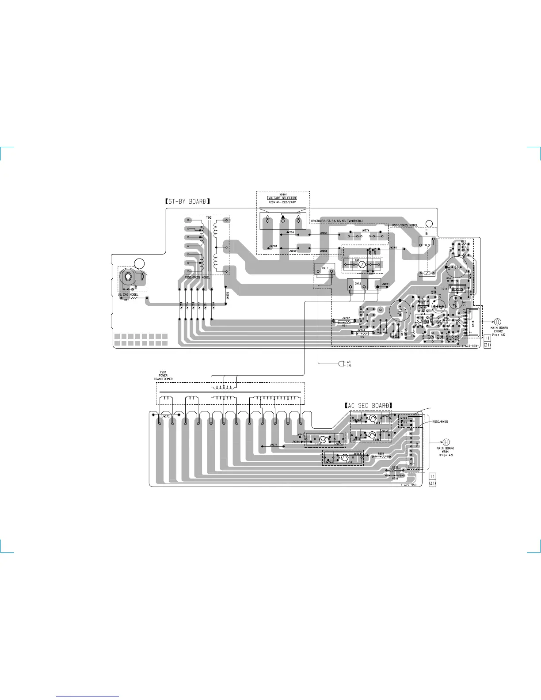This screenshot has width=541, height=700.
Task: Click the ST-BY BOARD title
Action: [x=187, y=202]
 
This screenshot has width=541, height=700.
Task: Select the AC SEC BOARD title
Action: [x=369, y=405]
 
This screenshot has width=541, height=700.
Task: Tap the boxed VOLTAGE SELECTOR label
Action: [x=282, y=198]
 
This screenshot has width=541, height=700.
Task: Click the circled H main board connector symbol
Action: [x=446, y=441]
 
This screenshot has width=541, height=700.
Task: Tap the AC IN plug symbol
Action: [x=341, y=364]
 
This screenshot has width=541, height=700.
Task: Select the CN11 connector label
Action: [x=324, y=268]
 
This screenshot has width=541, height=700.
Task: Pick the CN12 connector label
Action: [x=358, y=283]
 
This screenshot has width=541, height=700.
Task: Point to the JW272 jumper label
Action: [x=166, y=416]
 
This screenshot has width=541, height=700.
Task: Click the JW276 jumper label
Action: [x=365, y=231]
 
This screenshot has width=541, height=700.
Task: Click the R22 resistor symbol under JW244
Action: [x=362, y=334]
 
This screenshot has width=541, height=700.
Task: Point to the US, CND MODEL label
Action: [x=128, y=294]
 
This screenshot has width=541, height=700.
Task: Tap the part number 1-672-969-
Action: [x=409, y=485]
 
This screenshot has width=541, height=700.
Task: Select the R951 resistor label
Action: [x=381, y=453]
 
